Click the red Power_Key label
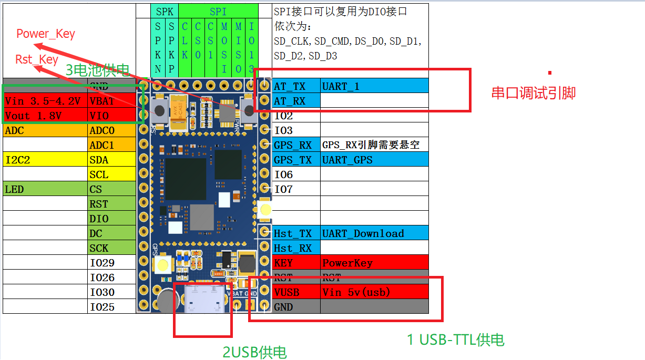click(x=46, y=34)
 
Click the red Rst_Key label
click(x=37, y=59)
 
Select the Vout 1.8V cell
click(x=45, y=116)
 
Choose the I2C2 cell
click(x=45, y=160)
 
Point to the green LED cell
click(x=45, y=189)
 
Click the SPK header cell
click(x=165, y=11)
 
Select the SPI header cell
click(x=218, y=11)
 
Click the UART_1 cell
click(x=374, y=86)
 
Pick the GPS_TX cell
click(x=296, y=160)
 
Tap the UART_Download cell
click(x=374, y=233)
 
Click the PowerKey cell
click(x=374, y=263)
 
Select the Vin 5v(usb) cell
click(x=374, y=292)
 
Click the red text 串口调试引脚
click(x=534, y=93)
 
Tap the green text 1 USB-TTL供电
click(x=456, y=340)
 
